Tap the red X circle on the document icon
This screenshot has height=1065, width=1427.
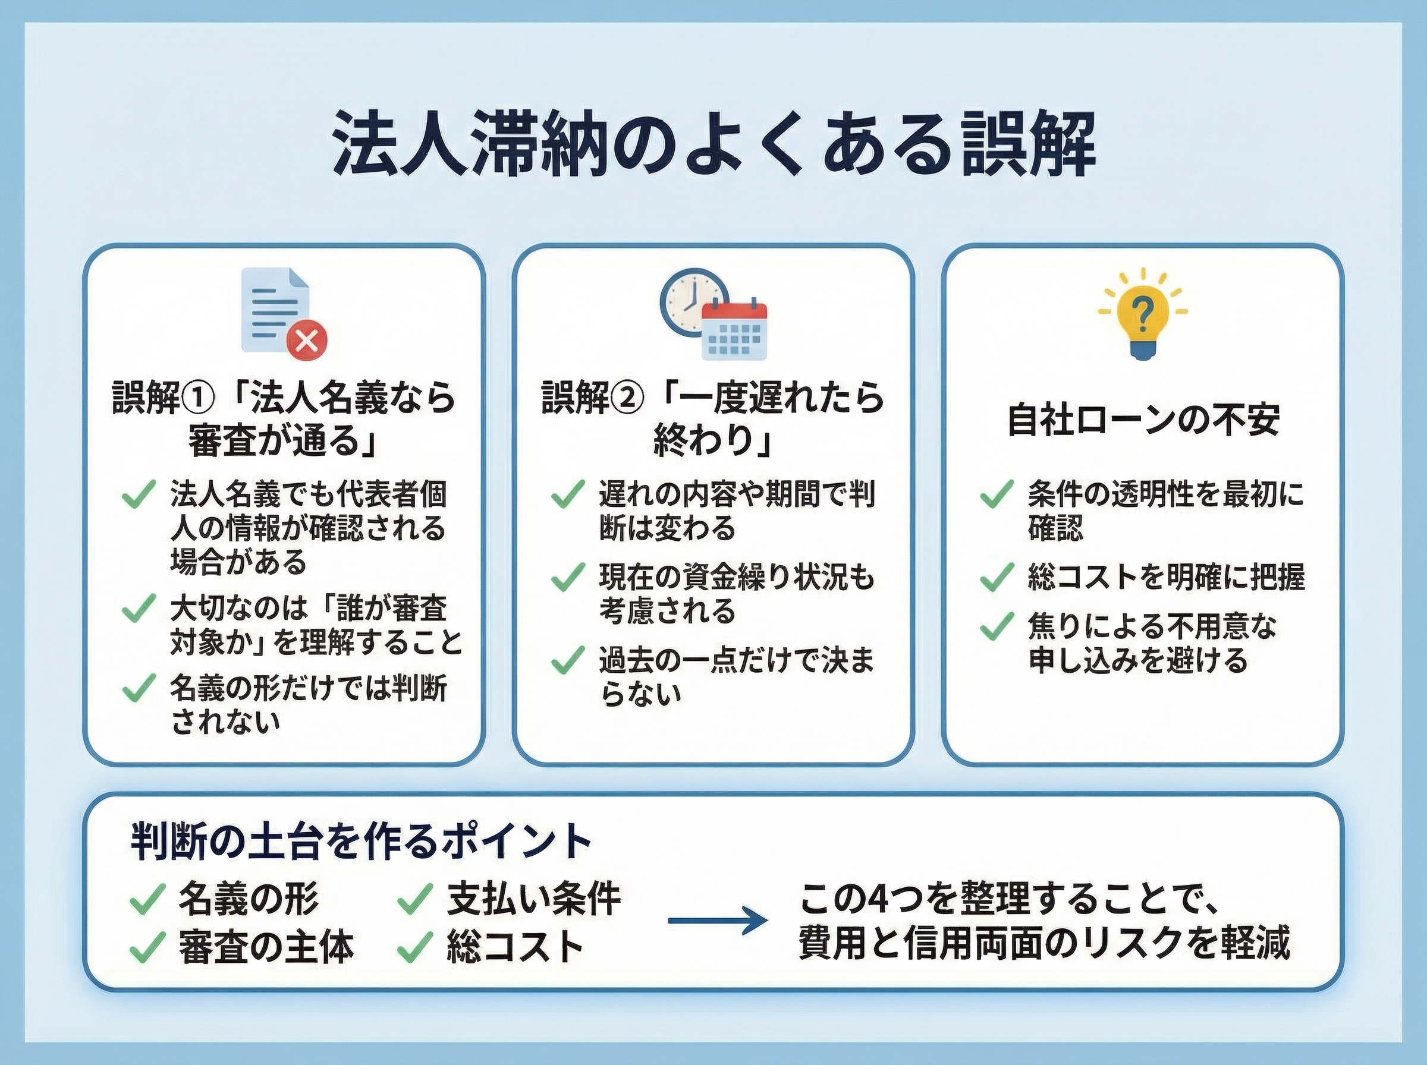coord(307,341)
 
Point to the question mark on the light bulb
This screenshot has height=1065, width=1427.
coord(1143,317)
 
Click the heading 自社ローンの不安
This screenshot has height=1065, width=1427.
coord(1143,420)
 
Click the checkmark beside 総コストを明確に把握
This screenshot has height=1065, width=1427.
coord(997,577)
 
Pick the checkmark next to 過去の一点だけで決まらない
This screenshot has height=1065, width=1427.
coord(567,661)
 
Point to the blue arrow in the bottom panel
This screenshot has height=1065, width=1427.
coord(718,920)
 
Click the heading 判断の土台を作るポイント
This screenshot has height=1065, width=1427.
coord(361,842)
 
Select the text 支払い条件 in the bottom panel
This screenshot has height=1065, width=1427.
coord(534,898)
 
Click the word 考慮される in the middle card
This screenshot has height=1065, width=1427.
coord(667,610)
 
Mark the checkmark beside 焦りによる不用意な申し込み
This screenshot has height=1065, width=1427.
coord(997,626)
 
